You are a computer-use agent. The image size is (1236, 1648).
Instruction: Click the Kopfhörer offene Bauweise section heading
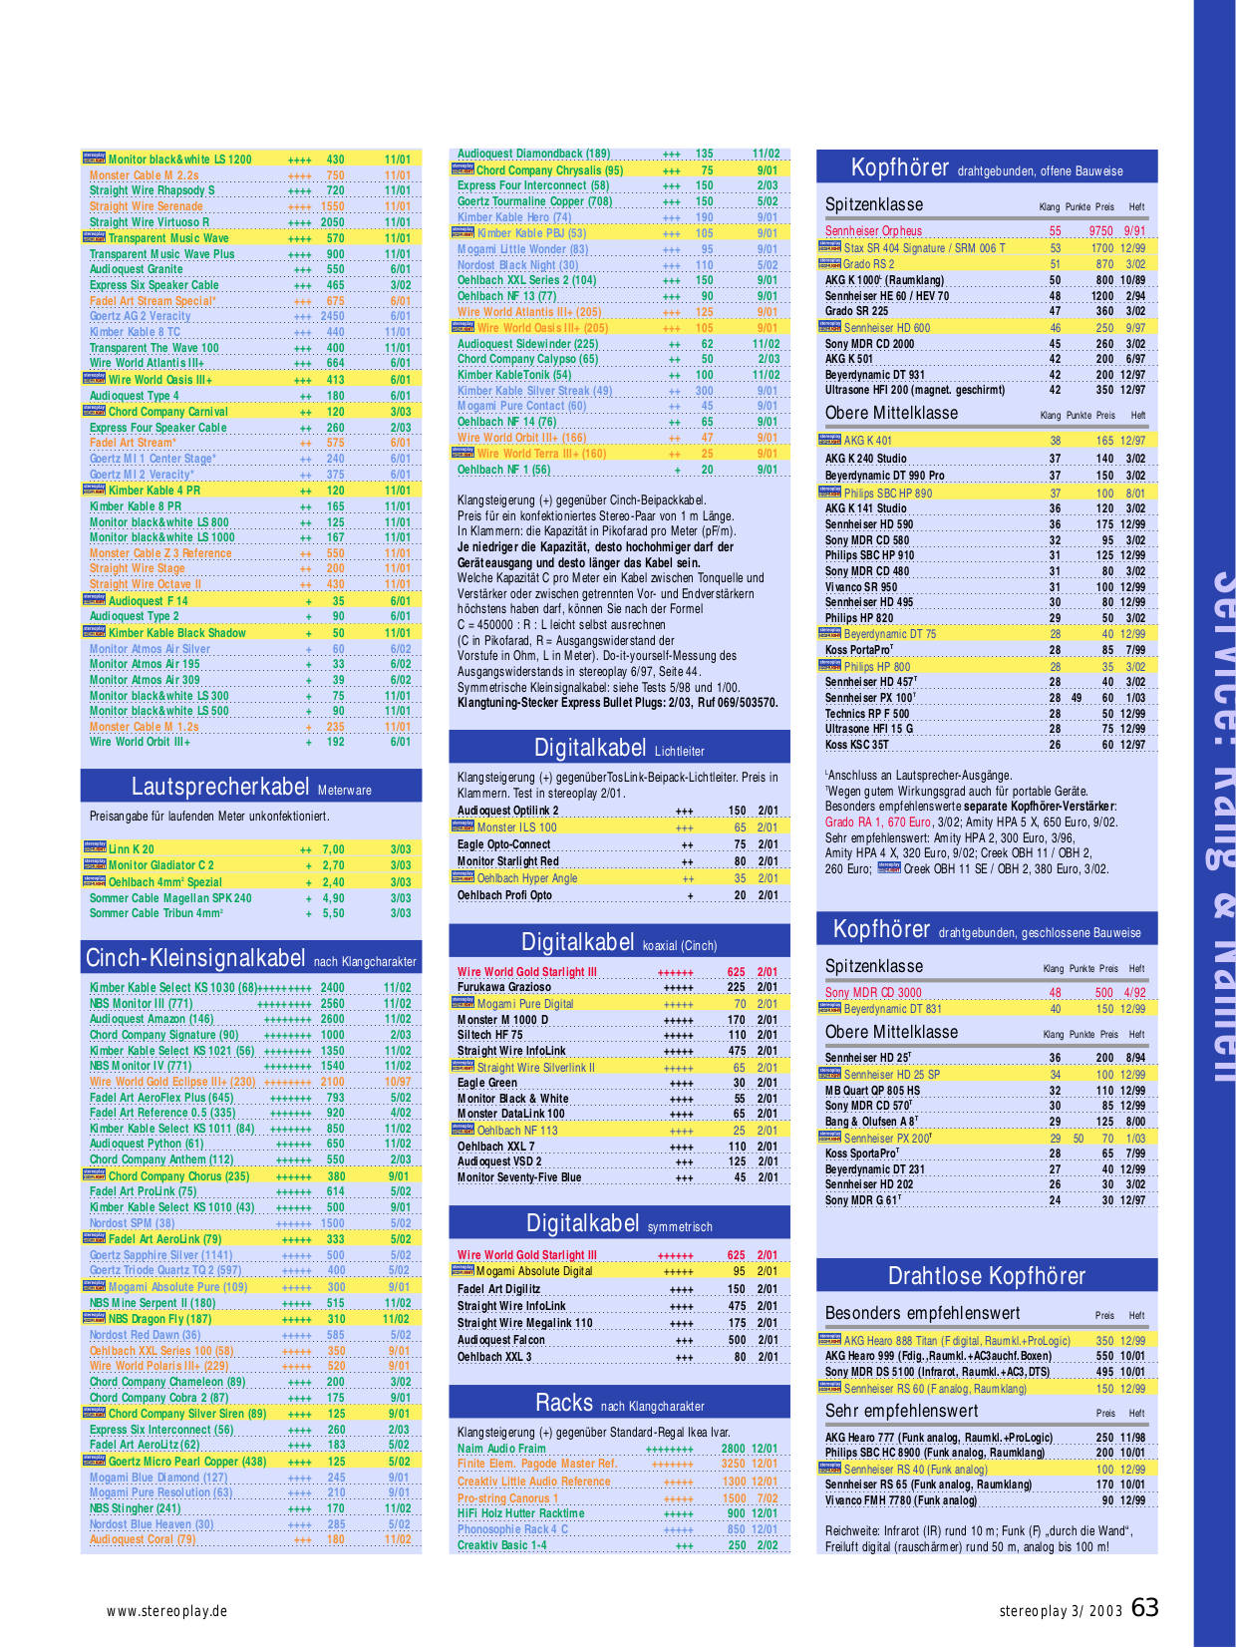click(986, 167)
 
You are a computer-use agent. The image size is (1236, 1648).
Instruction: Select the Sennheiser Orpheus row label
click(873, 231)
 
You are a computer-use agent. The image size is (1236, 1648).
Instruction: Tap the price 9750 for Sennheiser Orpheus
click(1100, 231)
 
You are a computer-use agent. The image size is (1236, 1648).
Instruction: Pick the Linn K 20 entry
click(132, 849)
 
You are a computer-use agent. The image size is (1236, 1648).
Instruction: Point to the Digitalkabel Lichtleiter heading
click(619, 748)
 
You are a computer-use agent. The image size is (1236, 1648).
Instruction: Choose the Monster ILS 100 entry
click(516, 827)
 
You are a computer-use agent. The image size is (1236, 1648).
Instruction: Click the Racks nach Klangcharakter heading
click(619, 1404)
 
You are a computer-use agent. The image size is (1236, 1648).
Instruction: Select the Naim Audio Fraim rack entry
click(501, 1449)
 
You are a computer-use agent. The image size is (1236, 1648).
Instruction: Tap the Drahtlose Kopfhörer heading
click(986, 1276)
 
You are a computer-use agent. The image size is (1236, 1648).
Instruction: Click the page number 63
click(1145, 1608)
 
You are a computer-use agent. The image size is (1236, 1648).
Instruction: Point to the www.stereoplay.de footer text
click(167, 1611)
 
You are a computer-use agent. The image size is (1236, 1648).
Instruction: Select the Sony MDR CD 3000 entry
click(873, 993)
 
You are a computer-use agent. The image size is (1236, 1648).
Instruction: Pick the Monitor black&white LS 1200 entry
click(179, 160)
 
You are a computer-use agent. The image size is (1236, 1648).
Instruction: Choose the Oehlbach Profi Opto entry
click(504, 895)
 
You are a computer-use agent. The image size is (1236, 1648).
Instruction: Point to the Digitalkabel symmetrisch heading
click(619, 1224)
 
